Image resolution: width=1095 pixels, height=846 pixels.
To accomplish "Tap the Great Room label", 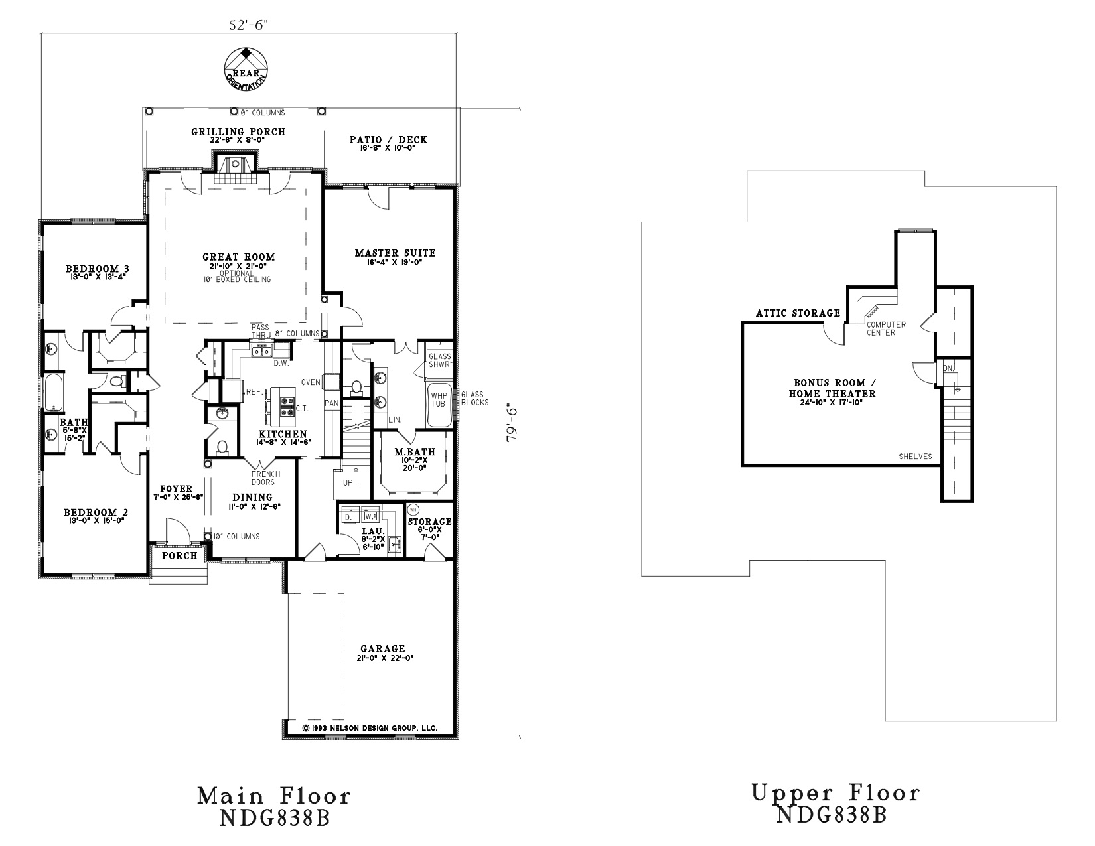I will click(238, 257).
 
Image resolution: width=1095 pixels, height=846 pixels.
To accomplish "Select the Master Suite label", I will click(395, 253).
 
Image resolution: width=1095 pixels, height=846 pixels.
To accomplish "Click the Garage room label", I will click(382, 648).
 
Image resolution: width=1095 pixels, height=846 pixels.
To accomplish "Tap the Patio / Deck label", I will click(388, 140).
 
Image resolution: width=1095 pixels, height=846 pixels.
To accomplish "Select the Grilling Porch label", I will click(238, 132).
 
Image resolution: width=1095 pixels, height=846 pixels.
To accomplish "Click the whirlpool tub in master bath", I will click(439, 404).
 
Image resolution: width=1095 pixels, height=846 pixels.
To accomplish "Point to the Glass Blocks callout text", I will click(475, 398).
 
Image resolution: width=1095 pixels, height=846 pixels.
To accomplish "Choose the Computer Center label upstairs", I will click(881, 328).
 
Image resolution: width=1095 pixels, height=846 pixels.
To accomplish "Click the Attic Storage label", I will click(798, 313).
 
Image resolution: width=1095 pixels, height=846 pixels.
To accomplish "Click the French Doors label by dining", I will click(265, 478).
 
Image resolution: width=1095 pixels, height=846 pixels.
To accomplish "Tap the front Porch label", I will click(179, 555).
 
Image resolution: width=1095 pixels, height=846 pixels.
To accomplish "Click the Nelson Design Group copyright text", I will click(370, 728).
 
